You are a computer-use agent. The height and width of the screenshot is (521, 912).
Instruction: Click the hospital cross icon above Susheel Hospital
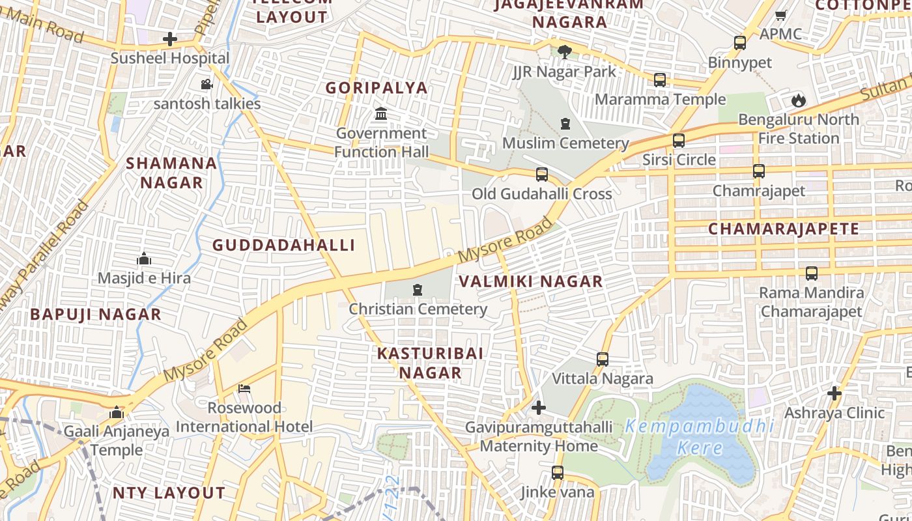[170, 39]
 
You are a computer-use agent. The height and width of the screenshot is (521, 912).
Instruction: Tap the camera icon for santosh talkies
[207, 84]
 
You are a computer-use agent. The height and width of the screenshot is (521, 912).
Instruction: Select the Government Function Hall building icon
[381, 115]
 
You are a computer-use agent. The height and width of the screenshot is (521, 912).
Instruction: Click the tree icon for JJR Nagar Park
[564, 52]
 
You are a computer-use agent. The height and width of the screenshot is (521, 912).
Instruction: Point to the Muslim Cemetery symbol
[565, 124]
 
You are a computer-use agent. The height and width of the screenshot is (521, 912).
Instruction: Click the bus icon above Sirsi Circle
[678, 141]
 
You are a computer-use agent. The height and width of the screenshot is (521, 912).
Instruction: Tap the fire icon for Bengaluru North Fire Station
[798, 100]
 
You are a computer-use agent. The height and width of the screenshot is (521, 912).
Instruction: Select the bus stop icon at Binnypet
[739, 43]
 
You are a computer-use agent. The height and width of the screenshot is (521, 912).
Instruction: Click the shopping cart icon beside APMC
[780, 15]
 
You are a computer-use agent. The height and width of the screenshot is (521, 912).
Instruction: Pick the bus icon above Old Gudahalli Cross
[541, 175]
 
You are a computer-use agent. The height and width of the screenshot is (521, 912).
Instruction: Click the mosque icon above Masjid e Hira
[144, 259]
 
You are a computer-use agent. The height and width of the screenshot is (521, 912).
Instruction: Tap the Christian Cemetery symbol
[418, 290]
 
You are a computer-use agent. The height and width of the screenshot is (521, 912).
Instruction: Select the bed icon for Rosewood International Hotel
[244, 389]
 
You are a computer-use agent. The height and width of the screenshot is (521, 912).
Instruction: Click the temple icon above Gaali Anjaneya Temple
[117, 412]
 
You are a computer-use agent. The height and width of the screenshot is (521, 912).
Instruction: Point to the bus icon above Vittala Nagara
[602, 359]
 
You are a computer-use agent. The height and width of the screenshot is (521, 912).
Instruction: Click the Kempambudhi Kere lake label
[700, 437]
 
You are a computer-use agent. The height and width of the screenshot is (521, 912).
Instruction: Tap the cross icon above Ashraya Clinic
[834, 393]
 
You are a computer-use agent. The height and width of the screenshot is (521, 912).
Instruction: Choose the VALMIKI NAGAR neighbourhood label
[531, 281]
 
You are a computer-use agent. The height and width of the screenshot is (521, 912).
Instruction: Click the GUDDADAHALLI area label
[284, 245]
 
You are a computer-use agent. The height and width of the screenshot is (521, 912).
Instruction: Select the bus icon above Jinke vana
[557, 473]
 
